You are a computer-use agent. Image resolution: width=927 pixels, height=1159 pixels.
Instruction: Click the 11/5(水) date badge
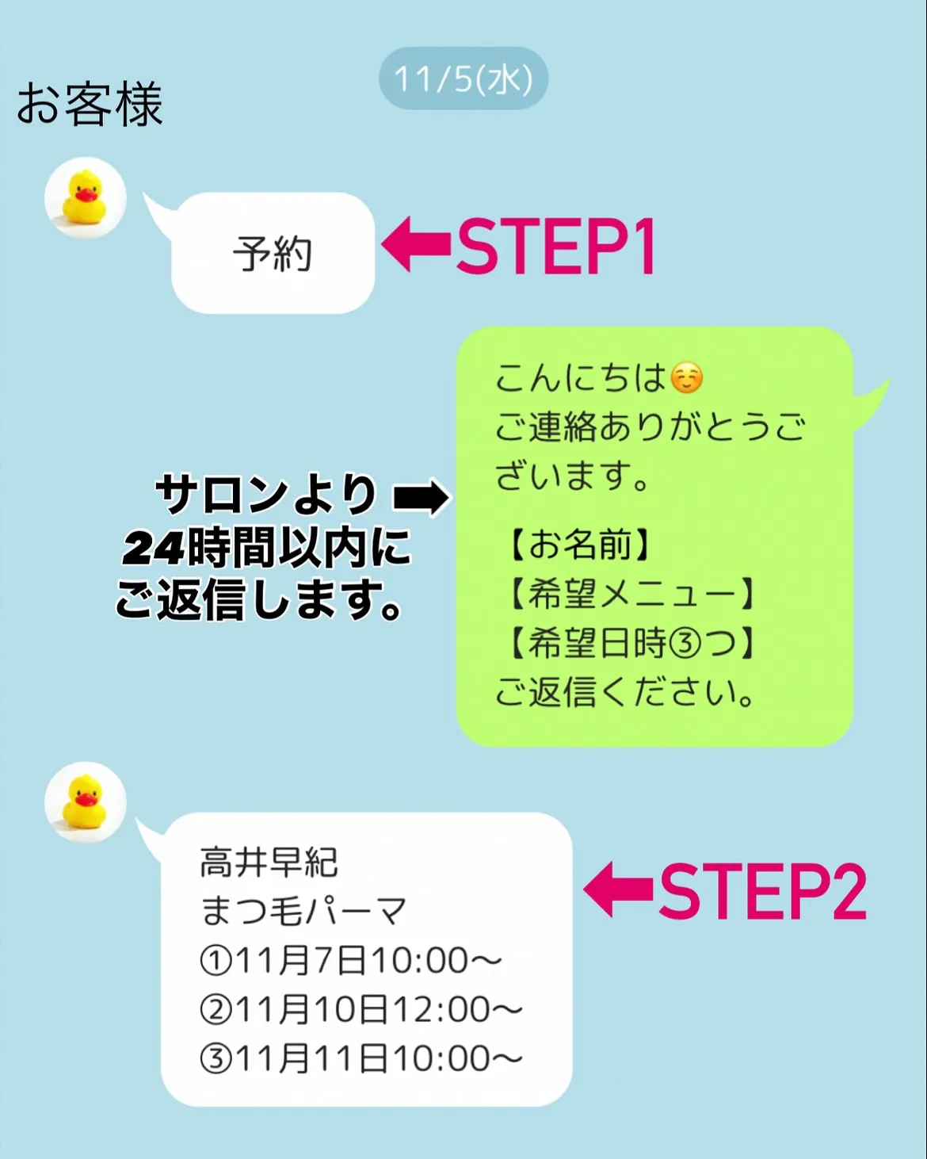(463, 78)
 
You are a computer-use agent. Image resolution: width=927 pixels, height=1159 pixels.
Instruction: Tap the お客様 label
(90, 105)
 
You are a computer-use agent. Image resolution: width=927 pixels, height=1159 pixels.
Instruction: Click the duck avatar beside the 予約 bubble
(85, 197)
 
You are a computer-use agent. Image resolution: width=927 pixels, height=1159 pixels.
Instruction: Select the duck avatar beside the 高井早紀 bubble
(85, 802)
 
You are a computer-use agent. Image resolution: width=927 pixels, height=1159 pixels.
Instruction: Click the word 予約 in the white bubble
(273, 254)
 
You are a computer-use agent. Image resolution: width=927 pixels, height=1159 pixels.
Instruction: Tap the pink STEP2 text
(762, 891)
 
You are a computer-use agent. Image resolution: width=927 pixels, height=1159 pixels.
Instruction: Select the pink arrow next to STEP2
(618, 889)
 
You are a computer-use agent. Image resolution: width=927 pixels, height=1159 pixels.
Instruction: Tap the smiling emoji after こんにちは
(686, 378)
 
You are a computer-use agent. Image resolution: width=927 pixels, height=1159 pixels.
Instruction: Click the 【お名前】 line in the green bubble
(579, 545)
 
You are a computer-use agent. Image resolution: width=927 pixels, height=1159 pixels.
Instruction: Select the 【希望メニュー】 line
(631, 594)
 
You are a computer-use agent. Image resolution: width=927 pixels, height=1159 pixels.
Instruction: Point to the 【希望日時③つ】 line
(631, 643)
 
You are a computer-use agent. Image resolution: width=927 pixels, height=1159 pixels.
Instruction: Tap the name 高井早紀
(269, 863)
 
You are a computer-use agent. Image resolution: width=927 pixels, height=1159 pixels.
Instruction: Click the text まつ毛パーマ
(303, 911)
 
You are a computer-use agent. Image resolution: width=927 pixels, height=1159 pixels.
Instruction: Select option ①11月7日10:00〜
(350, 961)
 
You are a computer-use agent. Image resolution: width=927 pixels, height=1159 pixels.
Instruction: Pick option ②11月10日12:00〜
(360, 1010)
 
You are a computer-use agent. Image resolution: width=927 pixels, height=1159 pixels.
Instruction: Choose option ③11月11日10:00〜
(360, 1059)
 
